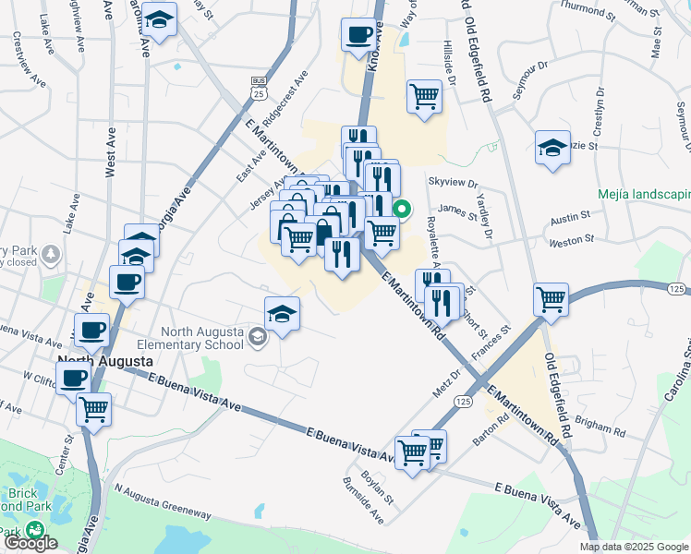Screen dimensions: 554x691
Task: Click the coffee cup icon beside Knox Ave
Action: [358, 36]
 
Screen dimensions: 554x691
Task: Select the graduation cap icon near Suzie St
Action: [552, 147]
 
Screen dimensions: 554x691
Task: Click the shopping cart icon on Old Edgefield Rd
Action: [551, 298]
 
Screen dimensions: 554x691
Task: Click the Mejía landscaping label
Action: [644, 195]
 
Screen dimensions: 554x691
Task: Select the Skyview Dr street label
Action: [452, 185]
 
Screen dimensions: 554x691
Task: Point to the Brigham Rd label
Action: [600, 428]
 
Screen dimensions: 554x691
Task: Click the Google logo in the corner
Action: [31, 544]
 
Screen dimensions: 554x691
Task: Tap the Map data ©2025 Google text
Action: [634, 547]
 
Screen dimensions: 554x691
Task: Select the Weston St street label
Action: [570, 240]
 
